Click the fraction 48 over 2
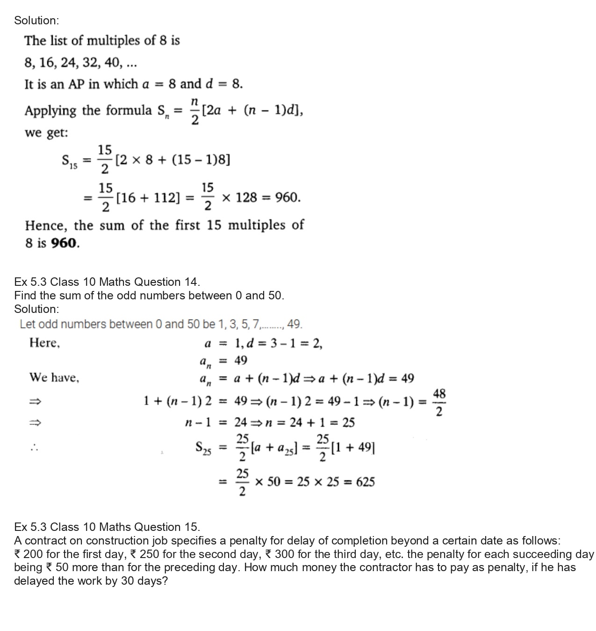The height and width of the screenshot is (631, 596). (439, 402)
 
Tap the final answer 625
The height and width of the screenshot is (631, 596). (365, 482)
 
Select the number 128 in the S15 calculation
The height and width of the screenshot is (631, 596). (246, 198)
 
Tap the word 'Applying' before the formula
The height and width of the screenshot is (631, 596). (50, 111)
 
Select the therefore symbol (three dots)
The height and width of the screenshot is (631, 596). (33, 448)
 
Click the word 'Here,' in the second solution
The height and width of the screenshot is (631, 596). (45, 343)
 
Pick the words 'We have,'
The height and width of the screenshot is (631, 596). (54, 377)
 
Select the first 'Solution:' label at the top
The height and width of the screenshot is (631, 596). (36, 21)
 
